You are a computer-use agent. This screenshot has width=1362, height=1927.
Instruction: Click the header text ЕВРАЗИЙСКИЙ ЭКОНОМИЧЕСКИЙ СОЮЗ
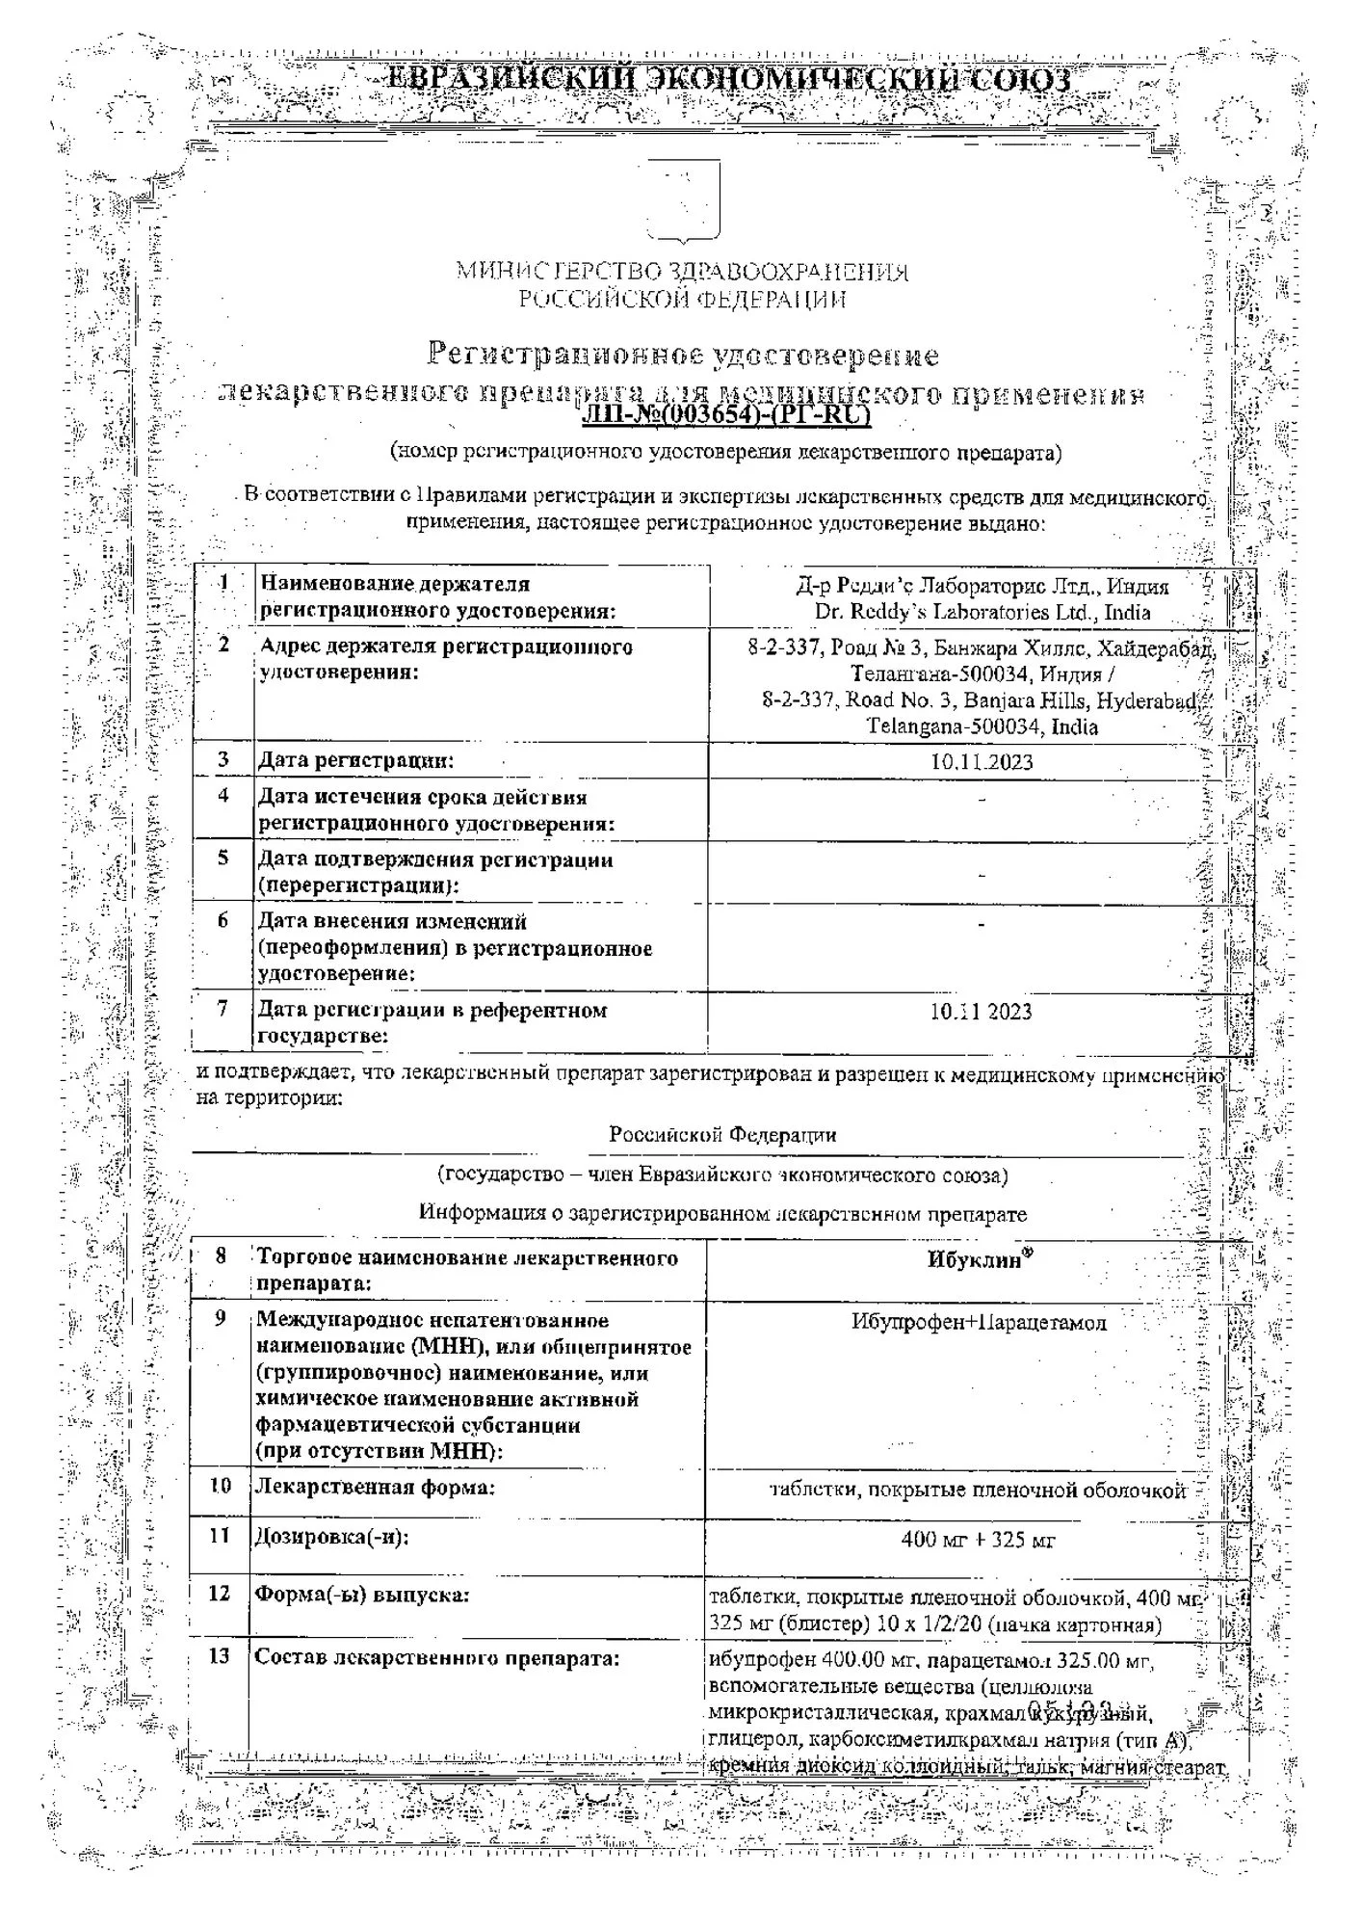[x=727, y=79]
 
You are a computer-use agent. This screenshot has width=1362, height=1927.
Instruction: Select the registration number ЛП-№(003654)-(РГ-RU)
[x=727, y=415]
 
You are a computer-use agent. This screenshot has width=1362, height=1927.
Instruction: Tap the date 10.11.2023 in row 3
[x=981, y=762]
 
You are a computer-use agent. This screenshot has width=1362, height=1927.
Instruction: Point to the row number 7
[x=223, y=1009]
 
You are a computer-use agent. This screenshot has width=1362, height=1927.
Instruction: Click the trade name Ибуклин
[x=973, y=1260]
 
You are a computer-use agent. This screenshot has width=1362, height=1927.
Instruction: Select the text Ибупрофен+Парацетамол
[x=979, y=1323]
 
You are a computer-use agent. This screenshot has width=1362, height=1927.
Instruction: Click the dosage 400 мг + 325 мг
[x=978, y=1540]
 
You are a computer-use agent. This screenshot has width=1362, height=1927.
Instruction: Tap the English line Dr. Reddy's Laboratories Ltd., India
[x=982, y=613]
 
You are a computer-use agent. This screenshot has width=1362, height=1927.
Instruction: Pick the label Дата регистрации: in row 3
[x=355, y=760]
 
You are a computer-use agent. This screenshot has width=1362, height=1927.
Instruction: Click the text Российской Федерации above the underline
[x=722, y=1135]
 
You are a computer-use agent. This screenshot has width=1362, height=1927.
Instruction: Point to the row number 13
[x=220, y=1655]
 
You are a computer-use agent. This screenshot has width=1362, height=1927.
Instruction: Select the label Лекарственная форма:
[x=375, y=1488]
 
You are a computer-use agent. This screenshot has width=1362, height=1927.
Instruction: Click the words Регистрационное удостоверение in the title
[x=682, y=356]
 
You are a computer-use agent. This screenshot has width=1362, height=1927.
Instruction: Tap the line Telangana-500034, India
[x=982, y=726]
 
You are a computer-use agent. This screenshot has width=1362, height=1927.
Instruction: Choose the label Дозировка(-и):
[x=331, y=1537]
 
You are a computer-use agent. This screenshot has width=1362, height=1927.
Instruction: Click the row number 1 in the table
[x=224, y=583]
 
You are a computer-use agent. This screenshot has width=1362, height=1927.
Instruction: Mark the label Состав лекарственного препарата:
[x=436, y=1658]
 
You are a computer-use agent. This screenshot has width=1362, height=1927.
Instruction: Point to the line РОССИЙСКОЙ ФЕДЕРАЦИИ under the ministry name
[x=682, y=300]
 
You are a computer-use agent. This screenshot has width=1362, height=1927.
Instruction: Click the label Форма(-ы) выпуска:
[x=361, y=1596]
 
